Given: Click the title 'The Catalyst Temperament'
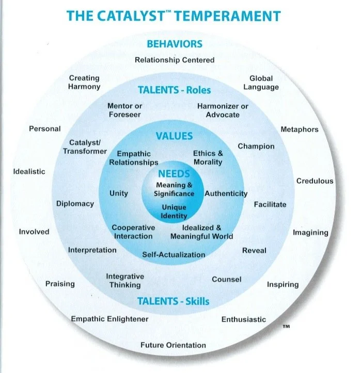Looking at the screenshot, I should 174,15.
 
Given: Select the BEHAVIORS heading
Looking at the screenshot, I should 174,44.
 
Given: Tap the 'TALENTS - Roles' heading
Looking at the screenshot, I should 174,90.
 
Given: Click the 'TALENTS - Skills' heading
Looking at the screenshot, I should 173,301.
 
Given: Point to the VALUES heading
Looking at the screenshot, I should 174,136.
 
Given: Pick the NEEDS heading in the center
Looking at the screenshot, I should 174,174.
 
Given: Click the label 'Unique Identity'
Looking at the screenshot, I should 174,212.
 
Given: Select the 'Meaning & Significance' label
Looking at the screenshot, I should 174,189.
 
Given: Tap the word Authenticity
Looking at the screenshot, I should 226,193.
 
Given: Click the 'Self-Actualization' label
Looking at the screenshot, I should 174,254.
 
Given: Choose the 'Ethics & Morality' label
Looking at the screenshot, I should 208,157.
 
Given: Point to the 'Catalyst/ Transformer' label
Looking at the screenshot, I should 85,147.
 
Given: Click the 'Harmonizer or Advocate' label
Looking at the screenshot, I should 223,110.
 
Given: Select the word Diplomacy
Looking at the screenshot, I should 75,203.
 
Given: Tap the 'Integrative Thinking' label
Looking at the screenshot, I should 124,281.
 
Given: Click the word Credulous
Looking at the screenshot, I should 315,181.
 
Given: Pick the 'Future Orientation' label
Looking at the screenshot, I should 173,345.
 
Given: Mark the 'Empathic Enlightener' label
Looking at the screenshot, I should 109,319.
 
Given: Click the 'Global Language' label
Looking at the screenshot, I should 261,83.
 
